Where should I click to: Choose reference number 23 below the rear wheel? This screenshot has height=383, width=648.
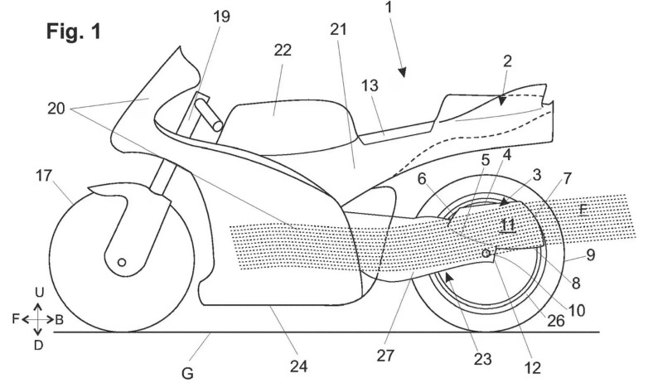point(481,359)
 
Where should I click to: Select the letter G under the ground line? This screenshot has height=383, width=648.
point(188,373)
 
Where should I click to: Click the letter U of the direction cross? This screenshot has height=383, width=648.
point(38,293)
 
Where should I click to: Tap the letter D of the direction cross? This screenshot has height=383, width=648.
point(38,344)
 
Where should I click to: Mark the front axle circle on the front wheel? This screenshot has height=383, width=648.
point(123,263)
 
